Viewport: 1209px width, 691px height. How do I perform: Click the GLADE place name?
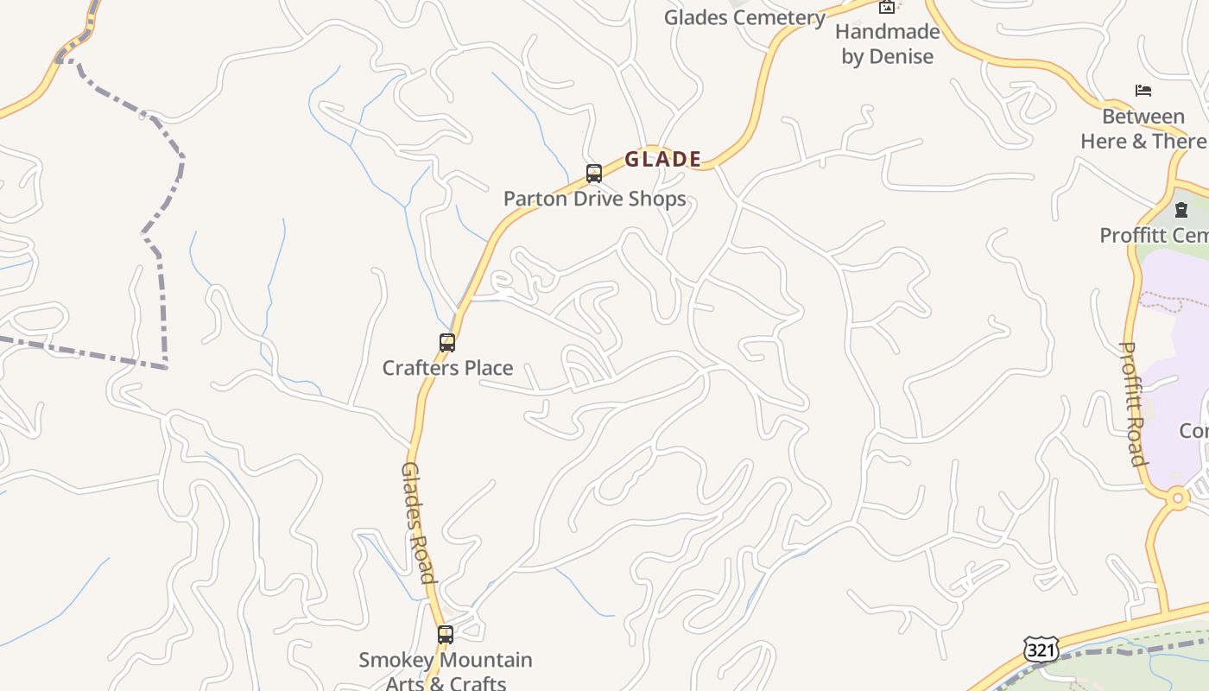click(662, 159)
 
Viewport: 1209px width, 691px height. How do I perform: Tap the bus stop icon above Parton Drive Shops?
click(594, 174)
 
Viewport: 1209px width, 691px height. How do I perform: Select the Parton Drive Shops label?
click(594, 199)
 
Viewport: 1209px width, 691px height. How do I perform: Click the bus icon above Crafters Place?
click(447, 343)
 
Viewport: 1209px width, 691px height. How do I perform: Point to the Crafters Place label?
click(447, 368)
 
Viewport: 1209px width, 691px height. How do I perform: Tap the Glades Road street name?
click(417, 523)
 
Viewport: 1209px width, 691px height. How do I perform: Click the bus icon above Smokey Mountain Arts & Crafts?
click(446, 635)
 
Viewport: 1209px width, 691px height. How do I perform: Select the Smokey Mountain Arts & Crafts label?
click(446, 671)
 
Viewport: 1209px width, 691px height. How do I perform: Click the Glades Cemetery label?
click(744, 17)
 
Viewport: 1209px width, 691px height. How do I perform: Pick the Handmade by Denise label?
click(888, 44)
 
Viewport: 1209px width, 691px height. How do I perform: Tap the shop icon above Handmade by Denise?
click(887, 7)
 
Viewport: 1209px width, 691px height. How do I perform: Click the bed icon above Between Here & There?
click(1143, 91)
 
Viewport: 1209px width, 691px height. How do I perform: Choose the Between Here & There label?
click(1143, 129)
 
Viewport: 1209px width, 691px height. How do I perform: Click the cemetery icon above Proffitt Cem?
click(1181, 210)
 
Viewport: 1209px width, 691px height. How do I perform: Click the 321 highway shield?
click(1041, 650)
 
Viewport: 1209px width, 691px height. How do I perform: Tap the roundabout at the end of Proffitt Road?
click(1178, 498)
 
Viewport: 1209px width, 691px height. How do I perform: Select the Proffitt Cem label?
click(1154, 235)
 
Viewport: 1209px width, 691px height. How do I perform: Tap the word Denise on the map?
click(900, 57)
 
